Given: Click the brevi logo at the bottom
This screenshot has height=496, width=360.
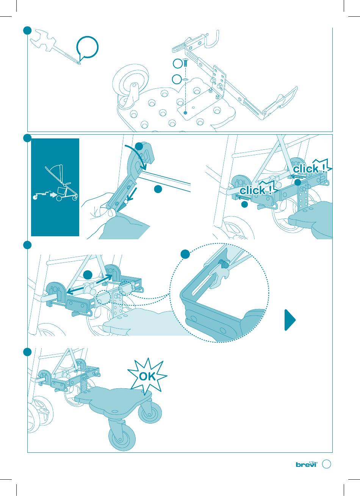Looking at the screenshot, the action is coord(307,464).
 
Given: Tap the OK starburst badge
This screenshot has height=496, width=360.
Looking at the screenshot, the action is coord(147,377).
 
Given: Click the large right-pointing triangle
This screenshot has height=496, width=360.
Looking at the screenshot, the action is coord(290,320).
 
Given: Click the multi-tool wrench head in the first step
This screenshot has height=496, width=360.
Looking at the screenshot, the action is coord(43,40).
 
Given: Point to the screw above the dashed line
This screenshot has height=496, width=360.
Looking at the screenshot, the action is coord(185,63).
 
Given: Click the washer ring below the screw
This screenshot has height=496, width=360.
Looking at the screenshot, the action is coord(185,79).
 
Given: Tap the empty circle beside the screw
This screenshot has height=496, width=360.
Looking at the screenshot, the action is coord(177,64).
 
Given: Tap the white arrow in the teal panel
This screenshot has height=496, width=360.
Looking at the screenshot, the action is coord(53,195).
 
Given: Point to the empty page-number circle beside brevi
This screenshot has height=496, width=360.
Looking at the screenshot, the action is coord(326,464).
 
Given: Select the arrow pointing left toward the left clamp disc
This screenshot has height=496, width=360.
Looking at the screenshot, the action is coord(75,290).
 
